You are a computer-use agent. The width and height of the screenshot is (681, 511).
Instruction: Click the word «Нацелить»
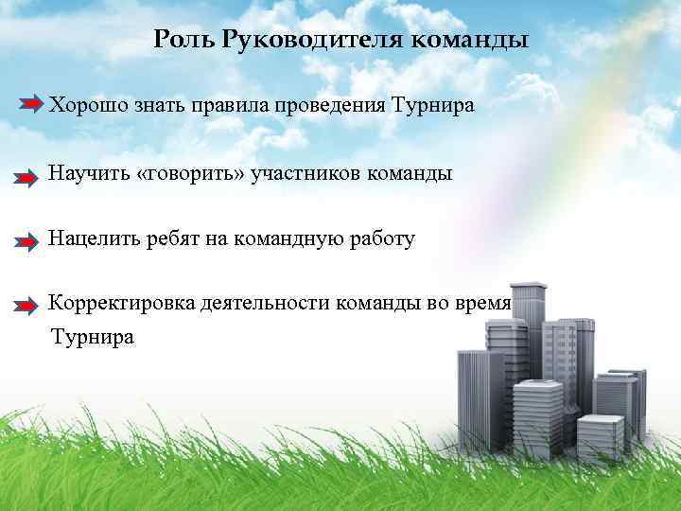91,239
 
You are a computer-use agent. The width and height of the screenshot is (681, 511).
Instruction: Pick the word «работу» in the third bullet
380,239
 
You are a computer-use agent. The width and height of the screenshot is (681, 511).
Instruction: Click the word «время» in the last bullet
483,304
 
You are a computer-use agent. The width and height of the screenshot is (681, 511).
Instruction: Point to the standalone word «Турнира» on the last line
93,336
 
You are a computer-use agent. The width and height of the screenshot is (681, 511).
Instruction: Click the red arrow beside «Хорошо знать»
31,102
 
